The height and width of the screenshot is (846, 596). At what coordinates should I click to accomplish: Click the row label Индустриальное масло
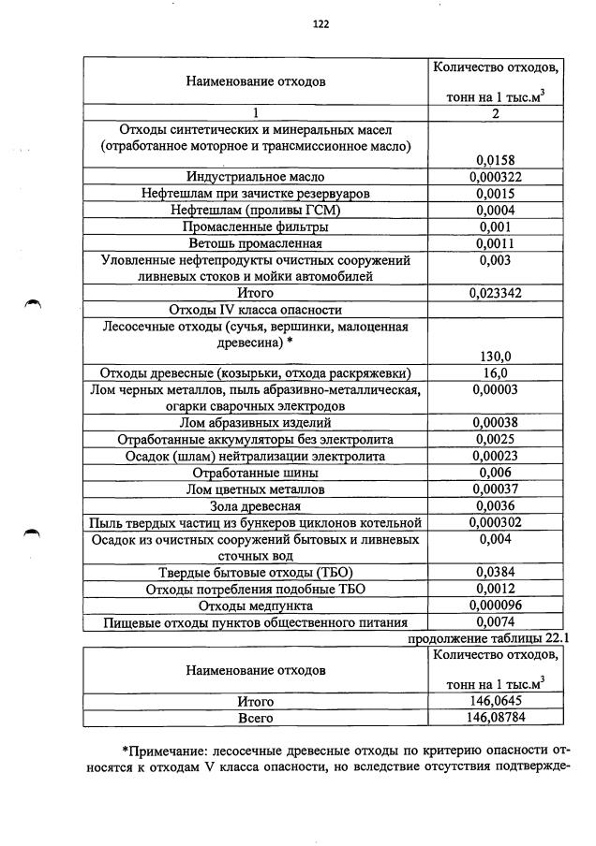pyautogui.click(x=255, y=177)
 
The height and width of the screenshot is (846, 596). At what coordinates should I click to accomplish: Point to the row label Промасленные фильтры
pyautogui.click(x=255, y=226)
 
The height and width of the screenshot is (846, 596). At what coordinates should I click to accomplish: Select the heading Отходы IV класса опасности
pyautogui.click(x=255, y=310)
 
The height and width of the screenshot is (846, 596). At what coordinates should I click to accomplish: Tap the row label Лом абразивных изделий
pyautogui.click(x=255, y=422)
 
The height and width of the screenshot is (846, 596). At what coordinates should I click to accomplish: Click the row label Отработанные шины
pyautogui.click(x=255, y=473)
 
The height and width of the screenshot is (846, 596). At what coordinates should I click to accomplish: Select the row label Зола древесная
pyautogui.click(x=255, y=505)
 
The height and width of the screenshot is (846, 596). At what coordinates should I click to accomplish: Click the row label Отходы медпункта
pyautogui.click(x=255, y=605)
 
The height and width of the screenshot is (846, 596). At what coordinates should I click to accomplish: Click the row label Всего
pyautogui.click(x=255, y=718)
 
